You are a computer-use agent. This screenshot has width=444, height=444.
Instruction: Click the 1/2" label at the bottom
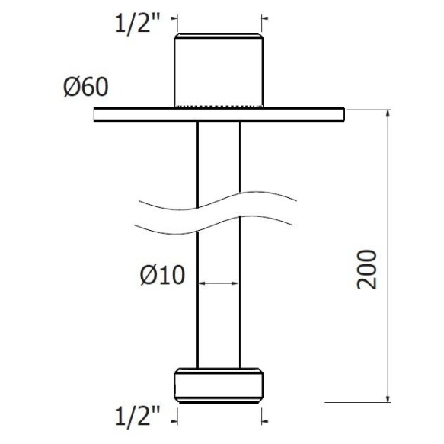click(138, 417)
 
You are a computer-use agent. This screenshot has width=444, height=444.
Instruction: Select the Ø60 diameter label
click(85, 88)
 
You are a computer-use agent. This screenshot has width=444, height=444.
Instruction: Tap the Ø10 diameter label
click(162, 275)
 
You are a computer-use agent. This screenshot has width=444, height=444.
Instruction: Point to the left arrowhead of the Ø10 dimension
click(202, 283)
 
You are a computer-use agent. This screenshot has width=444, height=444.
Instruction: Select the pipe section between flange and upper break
click(219, 156)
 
